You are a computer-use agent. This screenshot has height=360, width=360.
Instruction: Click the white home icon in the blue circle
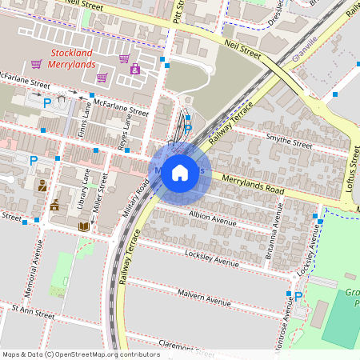[x=180, y=172]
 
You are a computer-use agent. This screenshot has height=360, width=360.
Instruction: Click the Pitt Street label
[x=178, y=12]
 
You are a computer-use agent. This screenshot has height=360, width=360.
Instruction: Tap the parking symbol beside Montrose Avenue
[x=298, y=296]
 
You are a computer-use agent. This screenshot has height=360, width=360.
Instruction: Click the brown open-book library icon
[x=83, y=226]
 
